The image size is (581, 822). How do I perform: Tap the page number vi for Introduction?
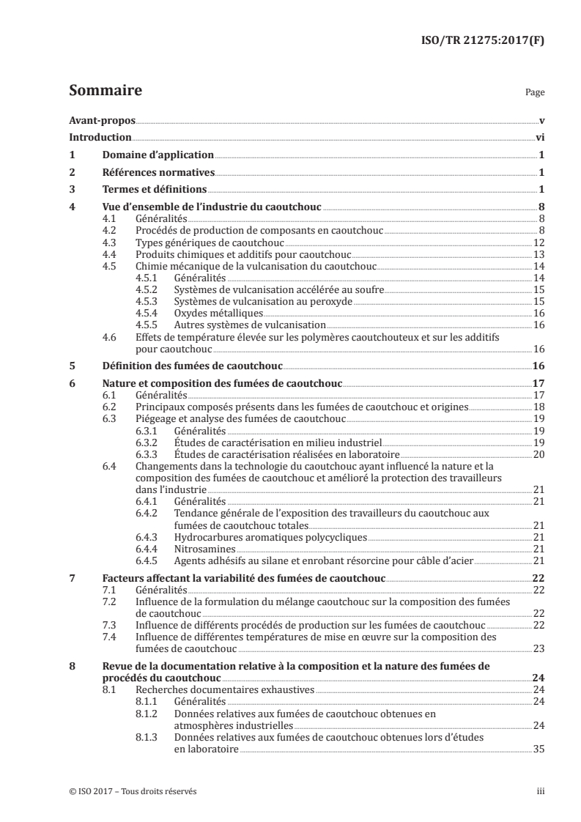pyautogui.click(x=539, y=137)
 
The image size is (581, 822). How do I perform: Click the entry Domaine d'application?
pyautogui.click(x=157, y=155)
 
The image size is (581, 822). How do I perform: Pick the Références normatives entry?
pyautogui.click(x=158, y=173)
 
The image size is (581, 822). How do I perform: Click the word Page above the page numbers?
pyautogui.click(x=534, y=93)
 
